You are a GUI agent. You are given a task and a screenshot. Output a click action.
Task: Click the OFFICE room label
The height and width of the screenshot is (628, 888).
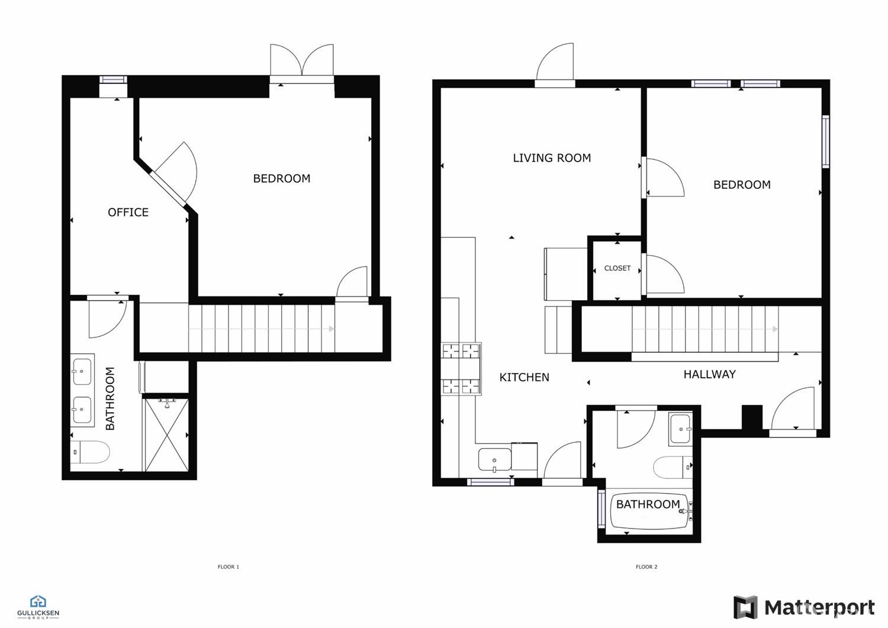[x=128, y=212]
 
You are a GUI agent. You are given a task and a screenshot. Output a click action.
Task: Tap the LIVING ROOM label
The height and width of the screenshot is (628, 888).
[x=552, y=158]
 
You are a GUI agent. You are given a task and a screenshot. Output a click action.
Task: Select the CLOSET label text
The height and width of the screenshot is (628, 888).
[x=617, y=268]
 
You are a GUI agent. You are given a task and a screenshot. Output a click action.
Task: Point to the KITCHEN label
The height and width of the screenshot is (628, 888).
[x=524, y=378]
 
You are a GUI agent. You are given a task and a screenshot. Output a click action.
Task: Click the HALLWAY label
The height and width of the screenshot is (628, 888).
[x=710, y=374]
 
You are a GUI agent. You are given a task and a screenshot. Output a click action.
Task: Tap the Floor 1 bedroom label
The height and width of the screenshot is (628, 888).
[x=281, y=179]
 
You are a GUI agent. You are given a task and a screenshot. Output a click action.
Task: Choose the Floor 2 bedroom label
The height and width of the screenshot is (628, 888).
[x=742, y=185]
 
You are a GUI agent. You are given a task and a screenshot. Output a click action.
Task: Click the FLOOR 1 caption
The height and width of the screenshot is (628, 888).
[x=229, y=567]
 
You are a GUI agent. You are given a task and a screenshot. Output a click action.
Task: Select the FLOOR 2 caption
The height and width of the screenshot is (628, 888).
[x=646, y=567]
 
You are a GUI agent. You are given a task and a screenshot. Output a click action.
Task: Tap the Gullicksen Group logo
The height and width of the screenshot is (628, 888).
[x=38, y=607]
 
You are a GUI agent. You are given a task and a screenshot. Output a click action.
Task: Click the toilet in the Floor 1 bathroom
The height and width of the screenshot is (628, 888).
[x=90, y=452]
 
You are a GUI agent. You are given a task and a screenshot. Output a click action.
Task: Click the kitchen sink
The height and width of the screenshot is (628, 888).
[x=495, y=460]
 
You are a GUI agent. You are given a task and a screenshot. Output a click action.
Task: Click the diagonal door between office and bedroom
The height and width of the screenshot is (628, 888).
[x=175, y=175]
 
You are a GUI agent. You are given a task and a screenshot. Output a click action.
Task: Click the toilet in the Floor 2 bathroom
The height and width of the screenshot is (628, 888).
[x=673, y=468]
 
